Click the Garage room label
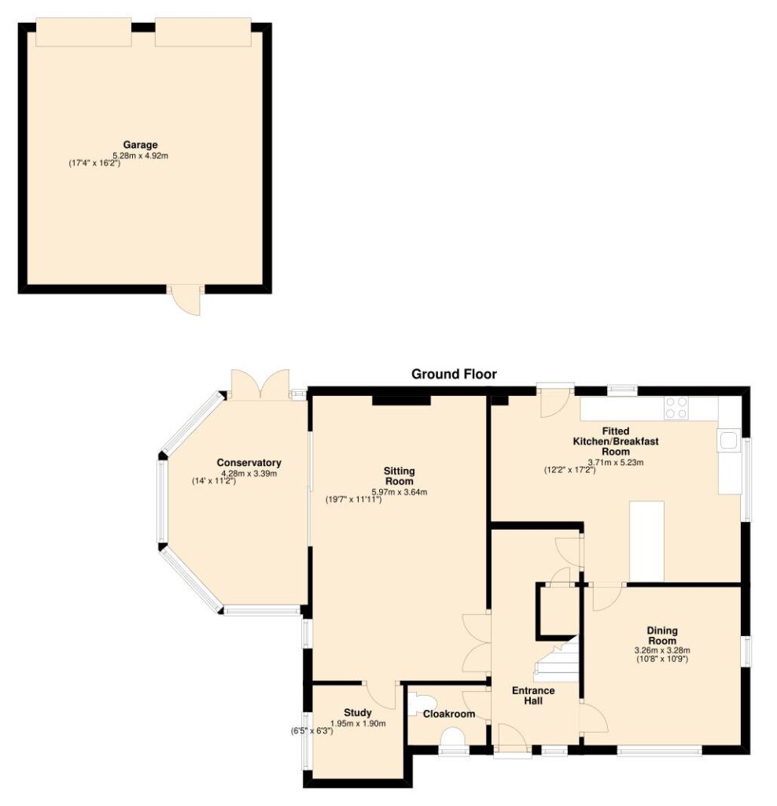[x=140, y=145]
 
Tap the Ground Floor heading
[x=454, y=374]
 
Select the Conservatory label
[x=249, y=463]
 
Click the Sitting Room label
[x=399, y=476]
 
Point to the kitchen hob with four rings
[x=676, y=409]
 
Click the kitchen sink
[x=728, y=441]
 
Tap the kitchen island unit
[x=646, y=542]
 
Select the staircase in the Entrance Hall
[x=558, y=660]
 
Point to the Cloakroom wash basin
[x=420, y=704]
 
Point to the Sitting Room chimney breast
[x=401, y=401]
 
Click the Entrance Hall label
[x=533, y=696]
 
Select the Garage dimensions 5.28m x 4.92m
[x=140, y=155]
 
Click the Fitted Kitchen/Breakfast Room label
[x=615, y=441]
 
